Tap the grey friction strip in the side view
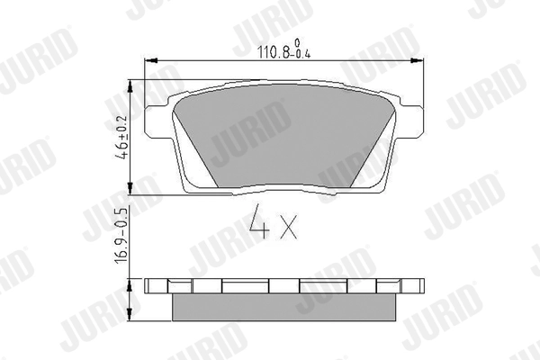[x=283, y=307]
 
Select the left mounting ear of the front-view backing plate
[x=159, y=117]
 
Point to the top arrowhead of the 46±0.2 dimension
[x=132, y=83]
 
